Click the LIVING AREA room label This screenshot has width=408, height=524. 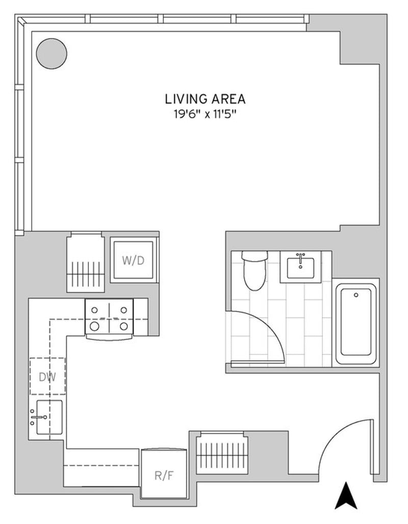pos(205,99)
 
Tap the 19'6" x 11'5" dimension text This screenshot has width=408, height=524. pos(205,115)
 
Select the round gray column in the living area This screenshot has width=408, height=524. pos(52,54)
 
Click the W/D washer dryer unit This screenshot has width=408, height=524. pos(133,260)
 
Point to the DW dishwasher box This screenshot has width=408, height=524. pos(47,377)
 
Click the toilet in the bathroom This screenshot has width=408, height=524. pos(254,271)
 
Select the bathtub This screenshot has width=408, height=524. pos(356,324)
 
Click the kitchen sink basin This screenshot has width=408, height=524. pos(49,417)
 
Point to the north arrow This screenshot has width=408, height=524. pos(346,495)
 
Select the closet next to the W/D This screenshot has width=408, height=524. pos(86,263)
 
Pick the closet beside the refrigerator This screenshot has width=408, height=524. pos(222,453)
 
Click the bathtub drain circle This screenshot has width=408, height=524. pos(356,295)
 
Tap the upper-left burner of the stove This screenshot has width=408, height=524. pos(94,310)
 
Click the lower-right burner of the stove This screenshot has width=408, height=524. pos(124,326)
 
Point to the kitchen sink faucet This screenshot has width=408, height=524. pos(38,417)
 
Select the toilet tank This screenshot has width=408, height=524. pos(254,256)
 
